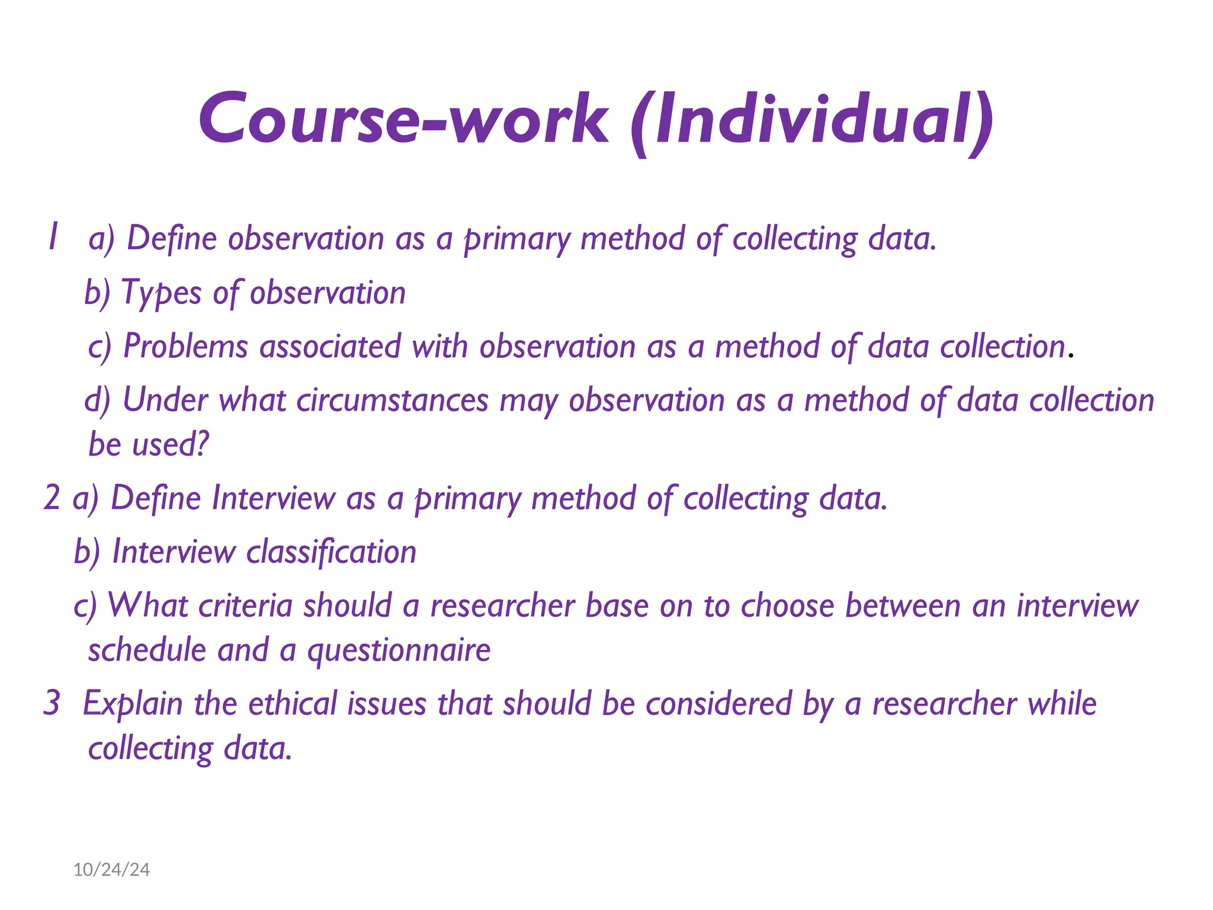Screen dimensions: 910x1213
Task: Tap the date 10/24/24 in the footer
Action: point(111,869)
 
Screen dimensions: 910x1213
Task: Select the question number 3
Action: point(52,703)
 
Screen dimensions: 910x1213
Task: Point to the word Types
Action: point(161,293)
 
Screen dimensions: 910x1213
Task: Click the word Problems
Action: point(185,347)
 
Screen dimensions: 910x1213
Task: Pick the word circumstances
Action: point(392,400)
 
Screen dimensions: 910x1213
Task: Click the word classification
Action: point(331,552)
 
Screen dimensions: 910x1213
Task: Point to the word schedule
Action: point(146,650)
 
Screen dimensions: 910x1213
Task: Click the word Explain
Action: point(133,704)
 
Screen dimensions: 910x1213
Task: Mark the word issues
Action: point(387,704)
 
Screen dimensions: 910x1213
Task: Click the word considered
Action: point(718,704)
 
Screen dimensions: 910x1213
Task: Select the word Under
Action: point(165,400)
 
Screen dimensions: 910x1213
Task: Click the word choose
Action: point(787,606)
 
